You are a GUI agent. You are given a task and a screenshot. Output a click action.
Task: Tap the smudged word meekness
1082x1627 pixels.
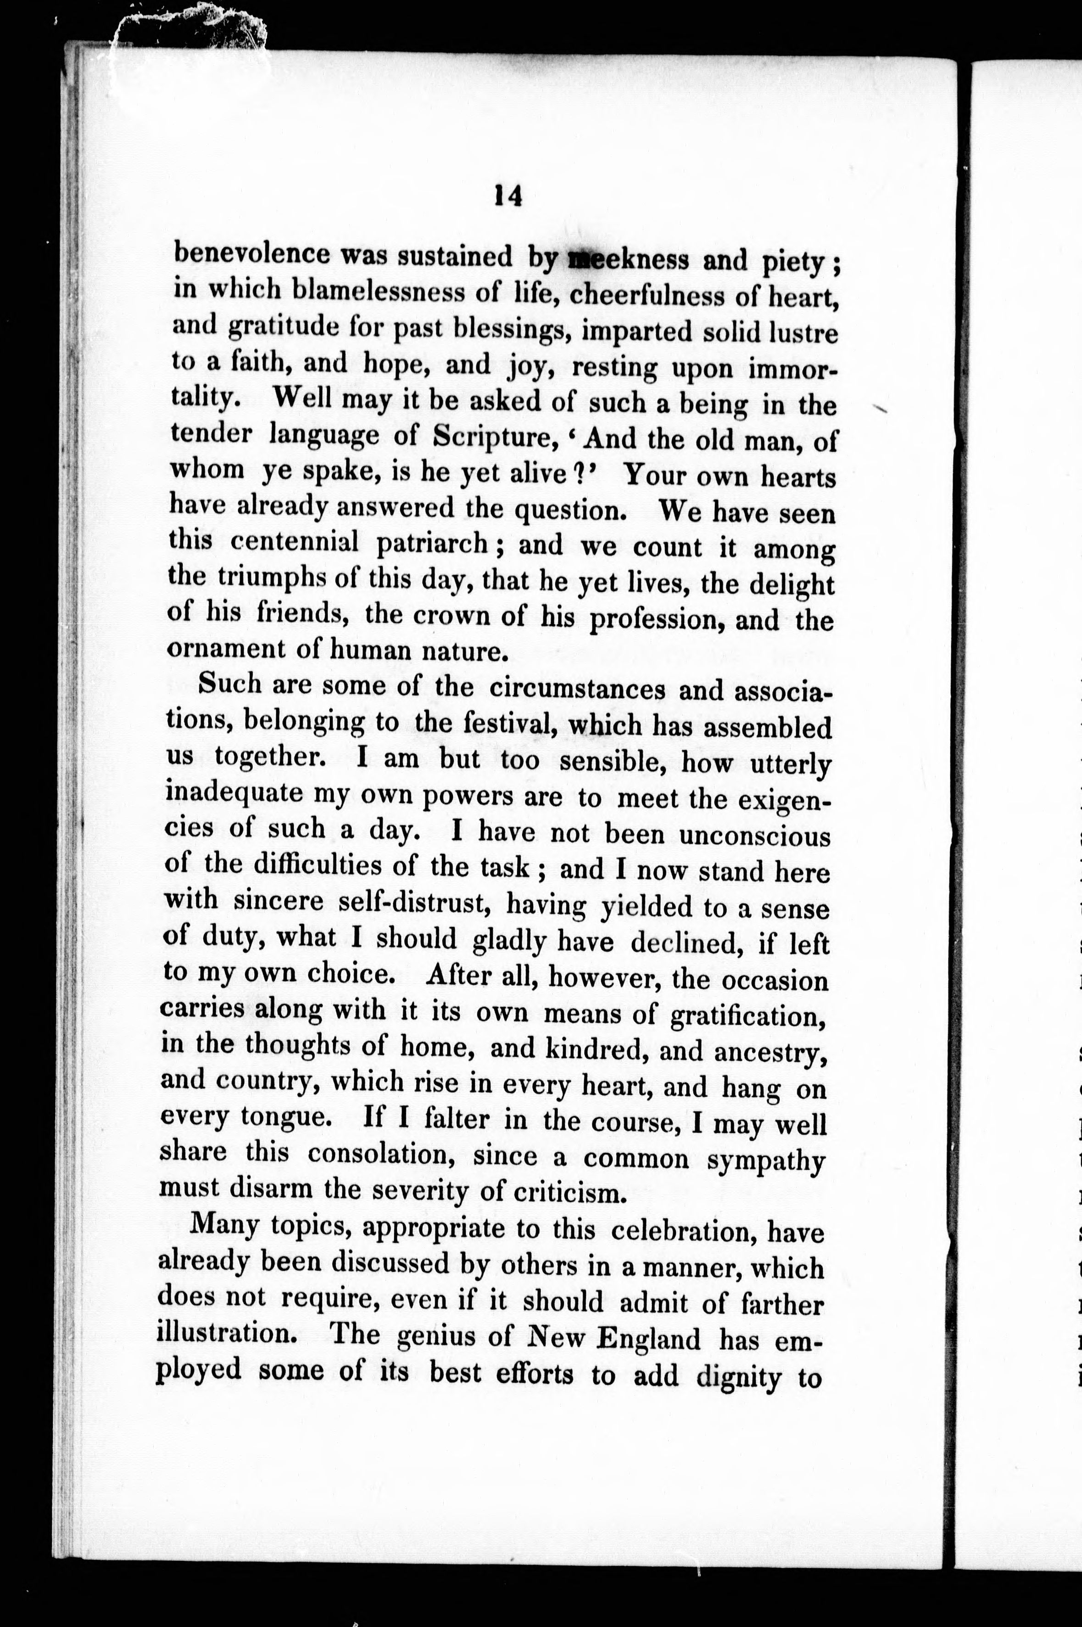(x=627, y=259)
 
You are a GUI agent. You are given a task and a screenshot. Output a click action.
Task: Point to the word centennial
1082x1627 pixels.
(x=295, y=541)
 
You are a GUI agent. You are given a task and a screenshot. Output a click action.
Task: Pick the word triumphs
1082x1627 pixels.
(x=271, y=578)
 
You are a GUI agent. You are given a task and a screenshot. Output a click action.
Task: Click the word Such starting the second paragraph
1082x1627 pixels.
(x=230, y=684)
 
